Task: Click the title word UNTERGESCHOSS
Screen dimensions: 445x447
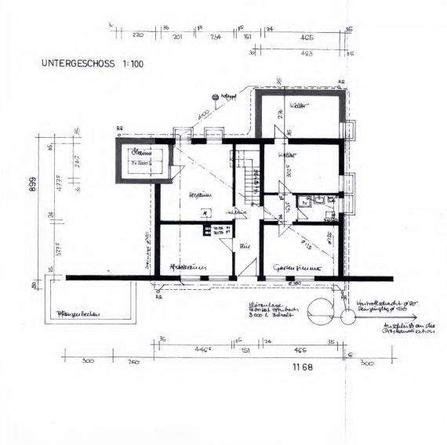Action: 76,63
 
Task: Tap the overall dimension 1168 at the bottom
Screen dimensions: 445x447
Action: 302,367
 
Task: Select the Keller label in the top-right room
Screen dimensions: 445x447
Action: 296,105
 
